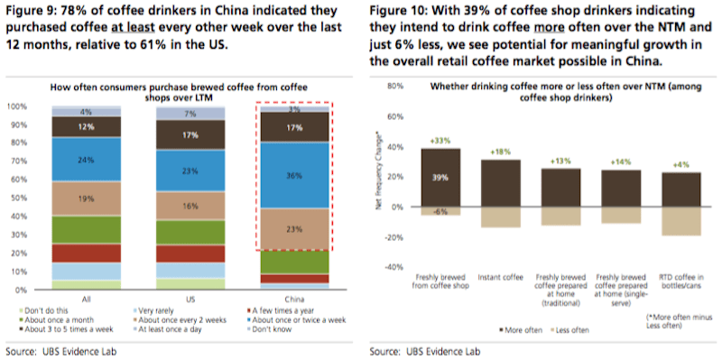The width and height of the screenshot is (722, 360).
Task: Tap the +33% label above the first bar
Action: (440, 140)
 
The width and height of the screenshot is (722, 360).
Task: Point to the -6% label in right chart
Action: (440, 210)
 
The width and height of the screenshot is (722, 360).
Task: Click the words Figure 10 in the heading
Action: (400, 11)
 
